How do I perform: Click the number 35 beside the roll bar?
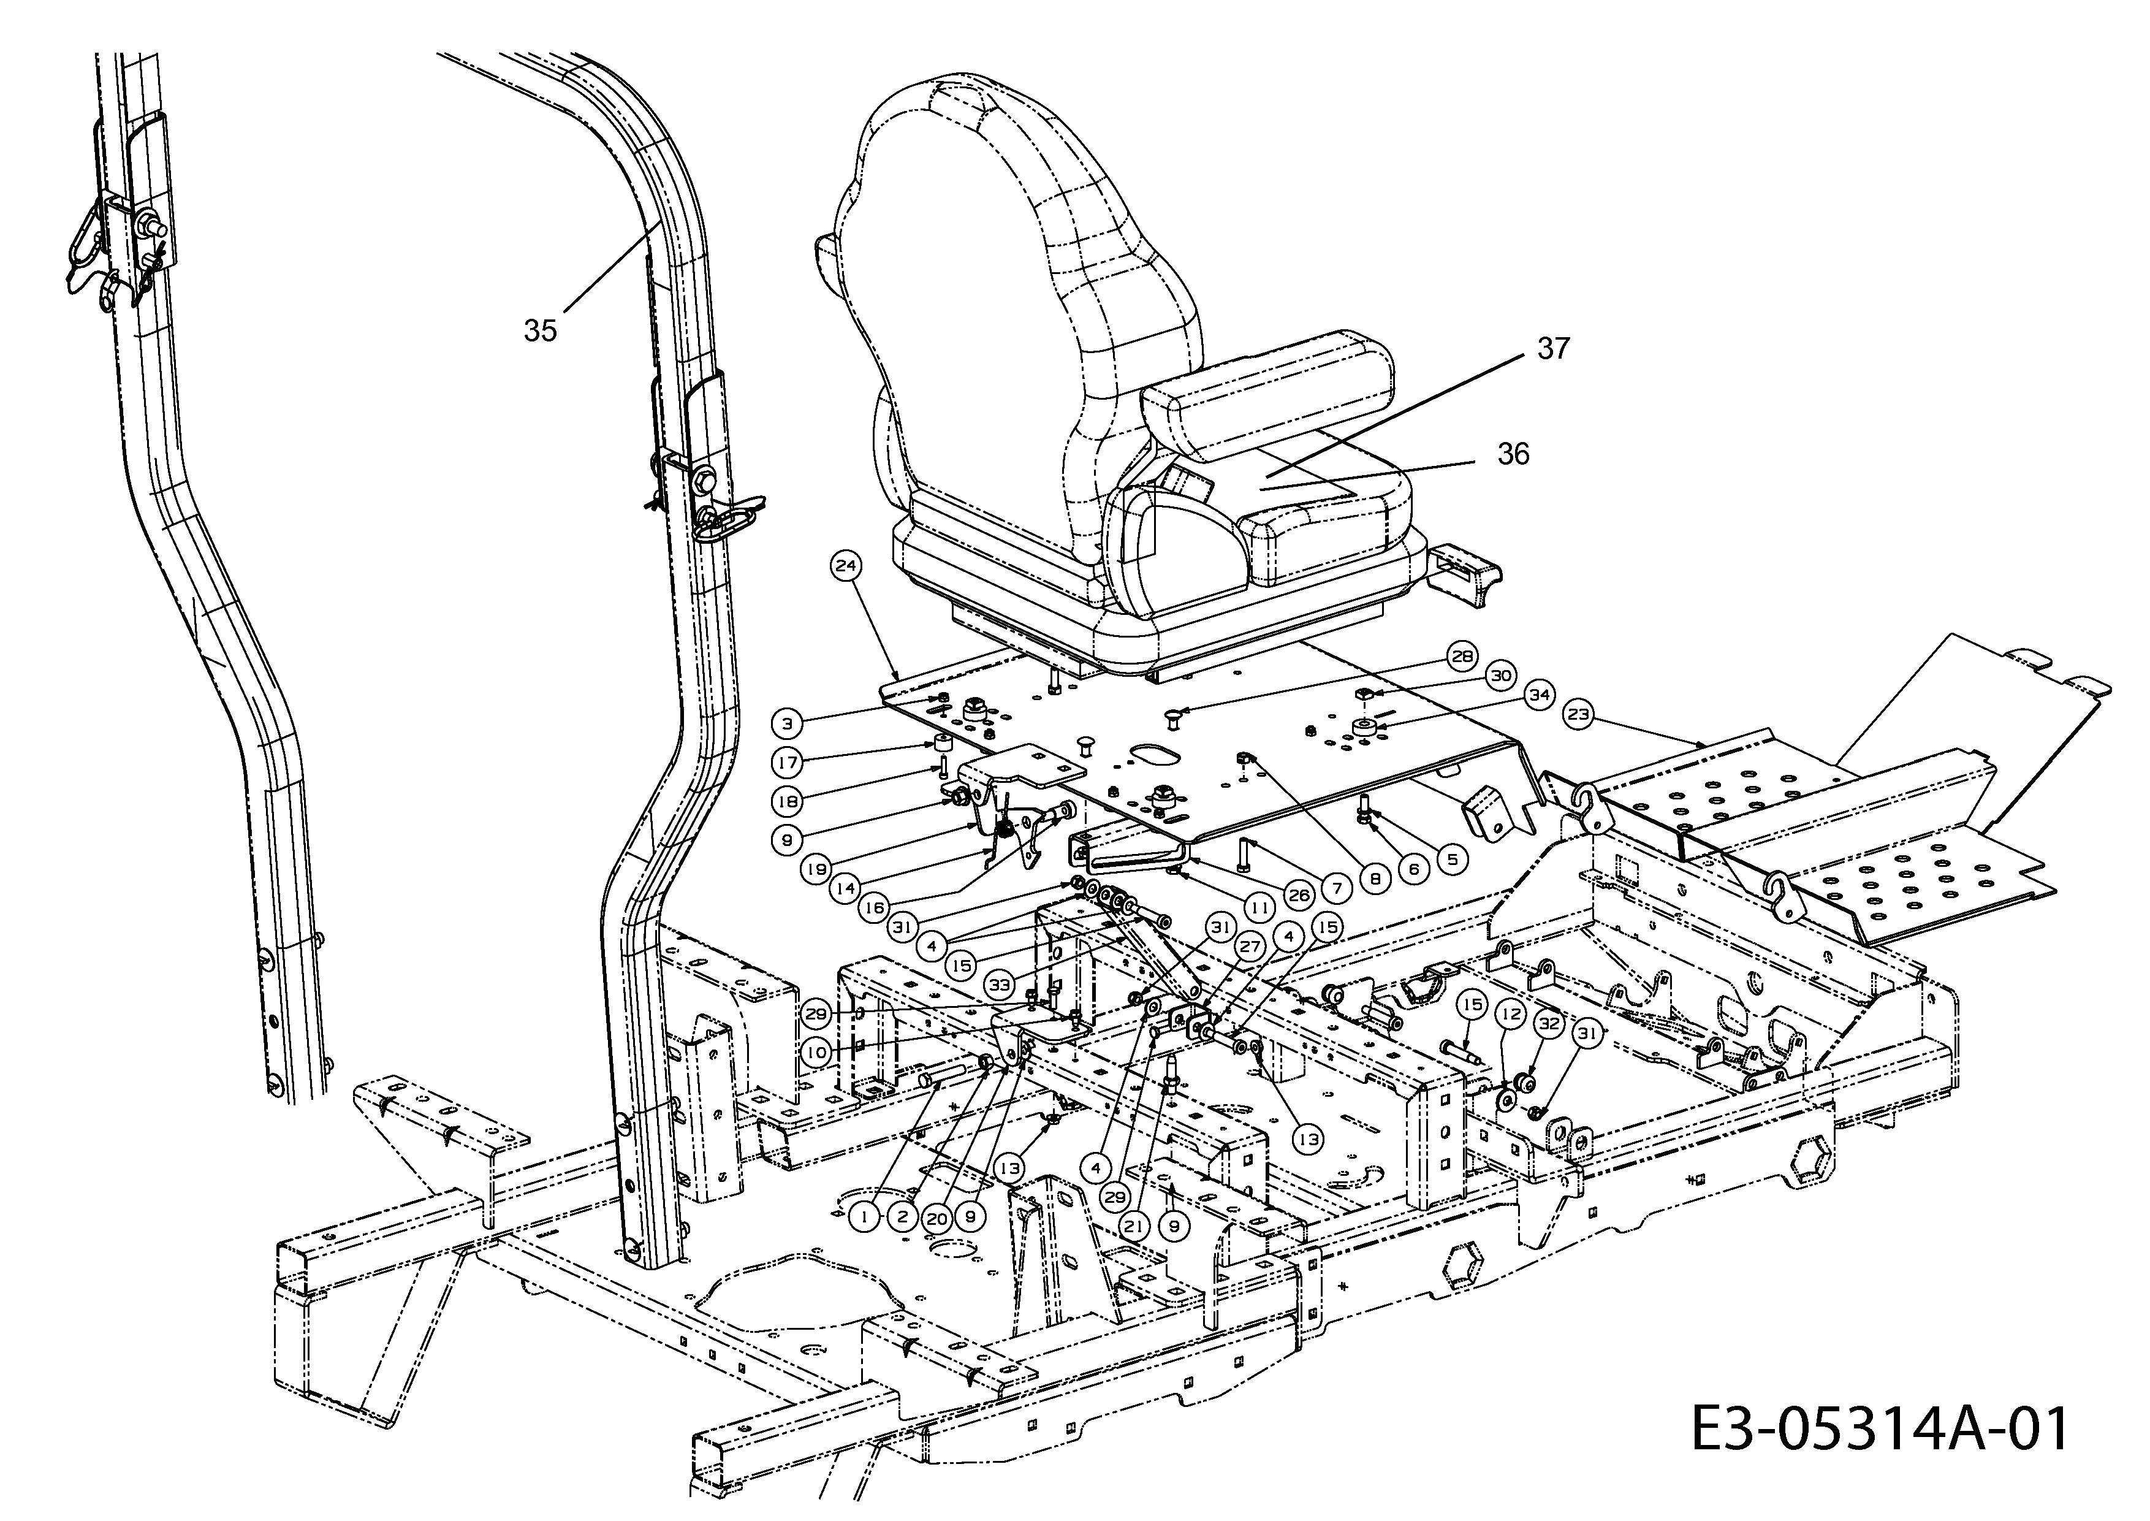coord(541,330)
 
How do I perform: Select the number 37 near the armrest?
coord(1554,348)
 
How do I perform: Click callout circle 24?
coord(846,566)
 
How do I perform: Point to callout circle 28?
coord(1462,657)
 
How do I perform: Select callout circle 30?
coord(1500,675)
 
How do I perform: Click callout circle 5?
coord(1451,858)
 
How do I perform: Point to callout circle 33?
coord(1000,985)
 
